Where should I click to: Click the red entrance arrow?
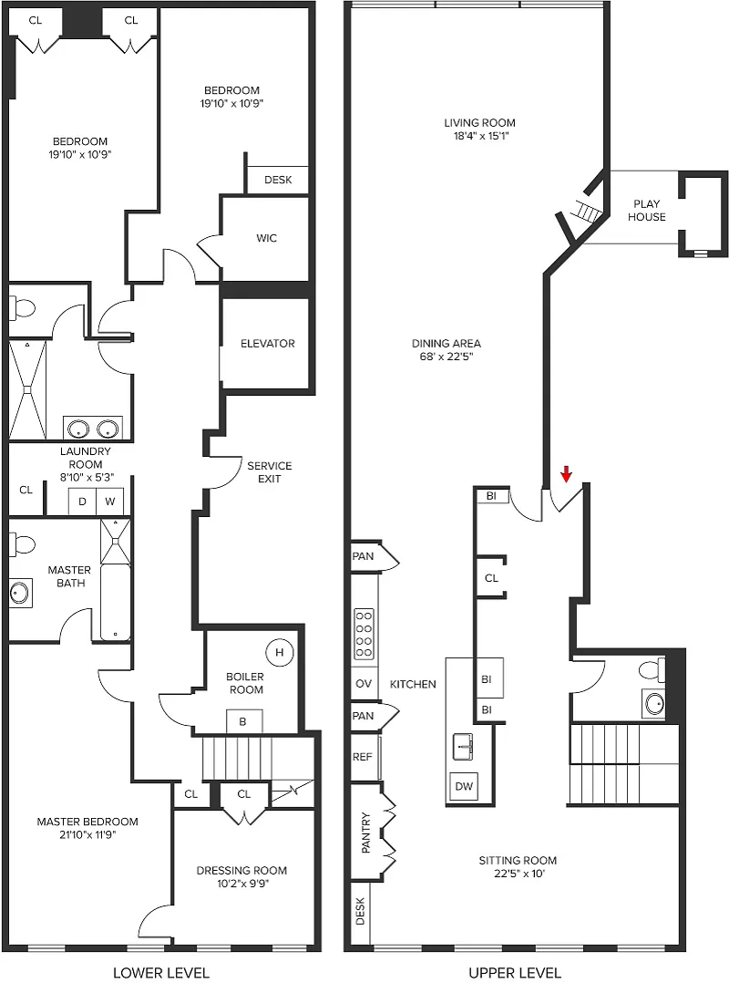coord(566,474)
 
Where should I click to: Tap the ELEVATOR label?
coord(267,344)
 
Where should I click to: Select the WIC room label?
coord(266,238)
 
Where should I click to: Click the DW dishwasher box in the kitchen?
coord(464,786)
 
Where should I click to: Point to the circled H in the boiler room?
coord(280,652)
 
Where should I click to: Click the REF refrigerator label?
coord(362,757)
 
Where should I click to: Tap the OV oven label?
coord(364,683)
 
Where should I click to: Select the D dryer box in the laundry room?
coord(82,502)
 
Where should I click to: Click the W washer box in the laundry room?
coord(109,502)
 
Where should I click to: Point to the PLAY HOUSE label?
coord(646,211)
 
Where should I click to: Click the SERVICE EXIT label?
coord(270,472)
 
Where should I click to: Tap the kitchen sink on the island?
coord(463,748)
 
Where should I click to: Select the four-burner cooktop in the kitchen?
coord(364,634)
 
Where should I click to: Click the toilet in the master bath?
coord(22,544)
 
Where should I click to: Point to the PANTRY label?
coord(366,833)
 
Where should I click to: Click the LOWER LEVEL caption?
coord(161,972)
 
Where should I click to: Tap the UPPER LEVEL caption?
coord(515,972)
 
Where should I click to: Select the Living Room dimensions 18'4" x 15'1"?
coord(481,136)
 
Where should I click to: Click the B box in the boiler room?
coord(243,721)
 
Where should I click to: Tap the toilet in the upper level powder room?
coord(652,671)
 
